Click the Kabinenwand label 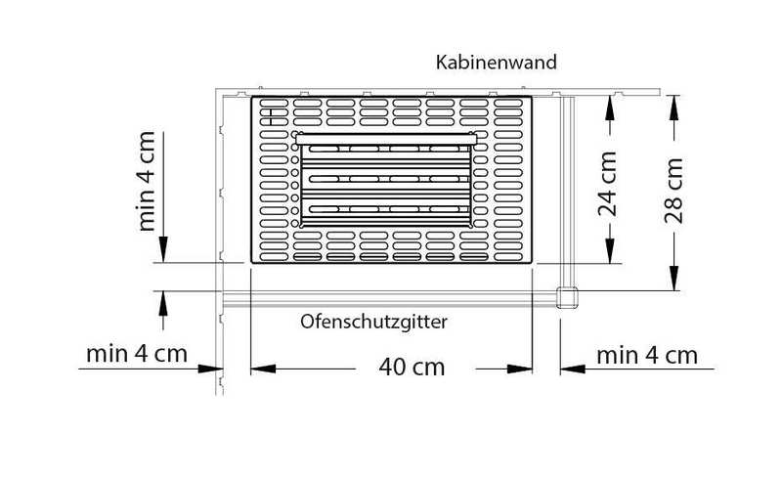click(497, 63)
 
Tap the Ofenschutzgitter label click(373, 322)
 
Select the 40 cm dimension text click(412, 368)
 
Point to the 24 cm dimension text click(607, 184)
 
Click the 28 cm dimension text click(673, 190)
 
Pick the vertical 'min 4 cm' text click(146, 181)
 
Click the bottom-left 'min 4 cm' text click(137, 354)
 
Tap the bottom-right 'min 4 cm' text click(647, 356)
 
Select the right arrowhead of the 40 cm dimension click(520, 369)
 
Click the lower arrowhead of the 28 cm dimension click(673, 278)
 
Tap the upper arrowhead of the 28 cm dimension click(673, 108)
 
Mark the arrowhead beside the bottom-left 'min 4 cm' click(210, 369)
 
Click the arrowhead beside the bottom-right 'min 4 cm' click(573, 369)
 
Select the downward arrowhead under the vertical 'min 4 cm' click(163, 249)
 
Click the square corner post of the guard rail click(567, 298)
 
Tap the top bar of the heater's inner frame click(386, 139)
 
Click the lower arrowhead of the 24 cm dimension click(609, 250)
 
